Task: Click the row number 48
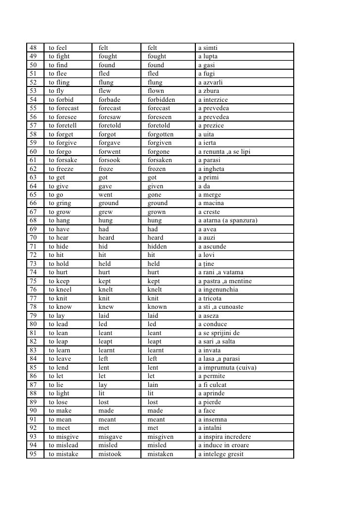[x=33, y=48]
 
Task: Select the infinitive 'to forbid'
[x=61, y=100]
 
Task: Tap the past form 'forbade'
[x=109, y=100]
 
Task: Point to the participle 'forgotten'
[x=161, y=134]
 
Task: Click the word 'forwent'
[x=109, y=152]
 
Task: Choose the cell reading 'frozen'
[x=157, y=169]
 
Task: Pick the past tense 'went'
[x=105, y=195]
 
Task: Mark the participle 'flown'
[x=156, y=91]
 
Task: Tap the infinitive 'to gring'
[x=60, y=203]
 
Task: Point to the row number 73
[x=33, y=264]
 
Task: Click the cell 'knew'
[x=106, y=307]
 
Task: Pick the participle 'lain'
[x=154, y=385]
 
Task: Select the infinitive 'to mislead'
[x=63, y=445]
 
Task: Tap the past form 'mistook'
[x=110, y=454]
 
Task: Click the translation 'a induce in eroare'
[x=224, y=445]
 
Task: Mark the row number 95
[x=33, y=454]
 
